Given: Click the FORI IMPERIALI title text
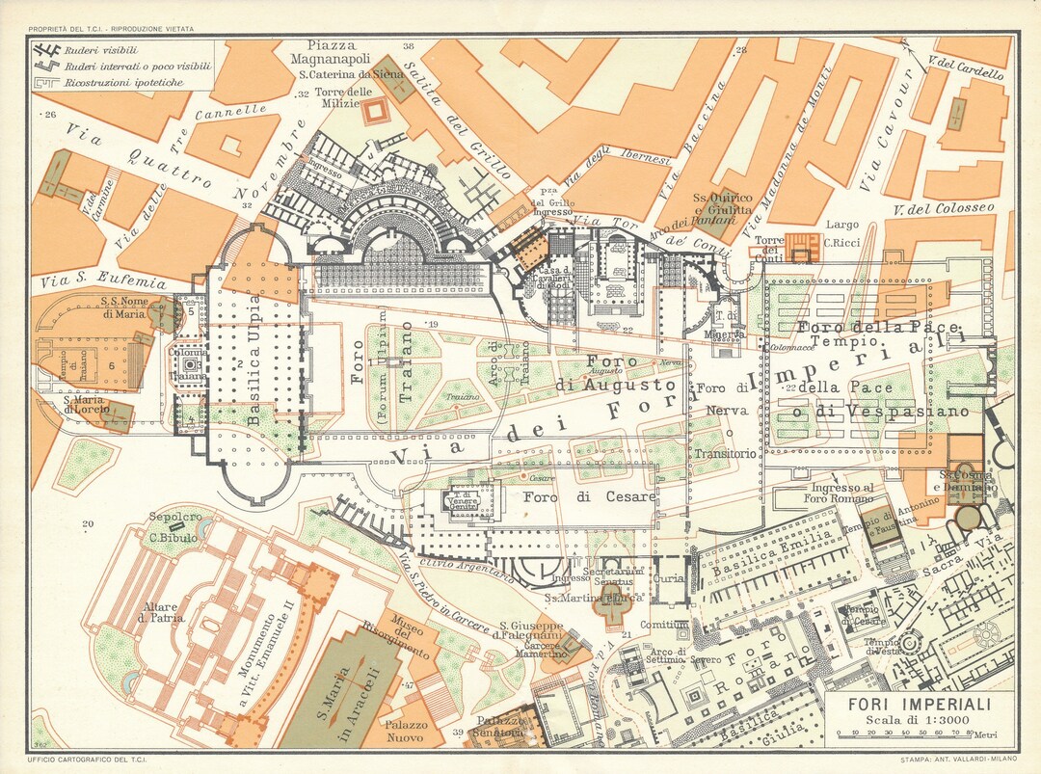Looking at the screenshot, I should (918, 706).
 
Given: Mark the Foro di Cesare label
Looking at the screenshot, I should (589, 497).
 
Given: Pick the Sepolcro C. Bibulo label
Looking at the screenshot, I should (173, 526).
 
